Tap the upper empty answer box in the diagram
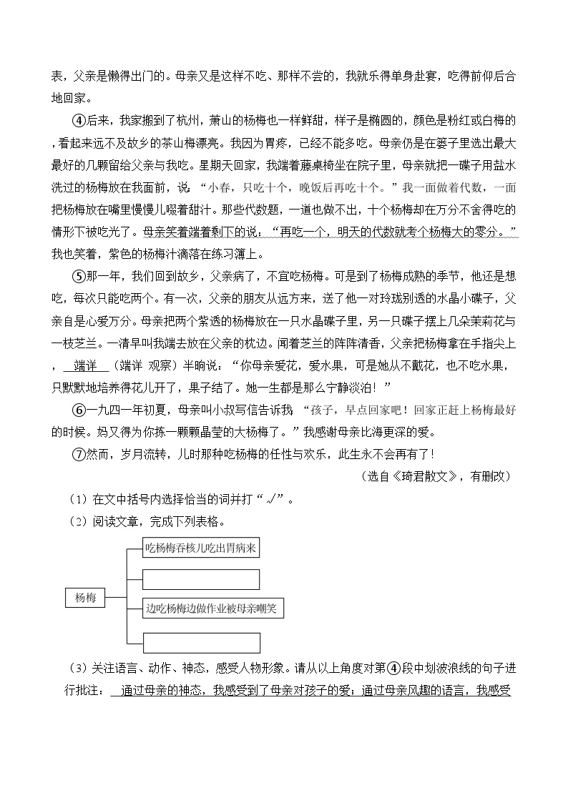[200, 578]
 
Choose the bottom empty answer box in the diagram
[200, 641]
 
